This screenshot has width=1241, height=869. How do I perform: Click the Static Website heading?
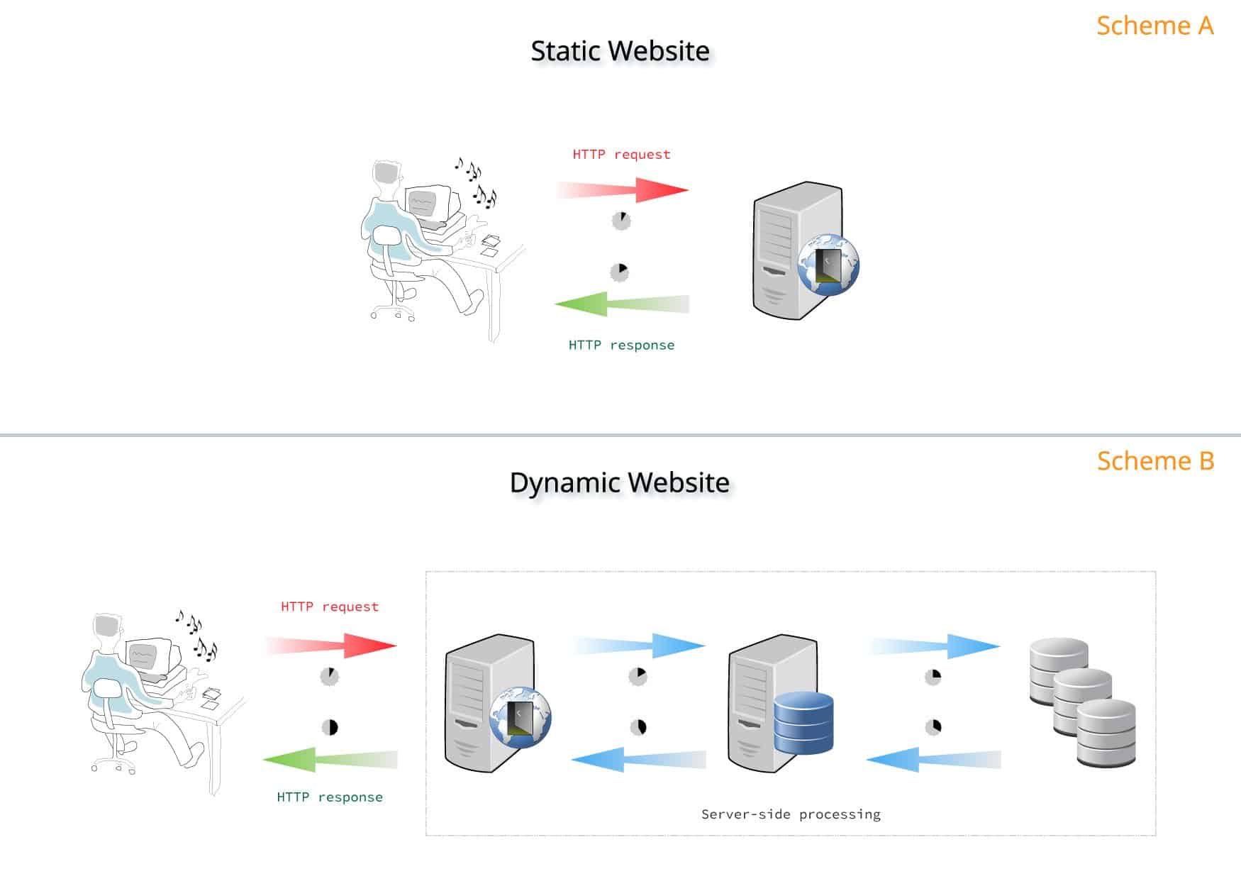click(620, 51)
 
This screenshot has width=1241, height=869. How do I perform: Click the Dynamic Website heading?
click(620, 482)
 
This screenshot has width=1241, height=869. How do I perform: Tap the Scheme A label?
click(1154, 26)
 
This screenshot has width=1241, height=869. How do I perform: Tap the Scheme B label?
click(1155, 461)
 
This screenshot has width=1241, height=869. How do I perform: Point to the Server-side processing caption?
click(791, 814)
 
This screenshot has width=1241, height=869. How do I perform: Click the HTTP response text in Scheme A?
click(621, 345)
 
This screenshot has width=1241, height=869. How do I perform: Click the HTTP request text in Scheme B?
click(330, 607)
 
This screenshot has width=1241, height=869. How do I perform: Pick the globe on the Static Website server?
click(828, 265)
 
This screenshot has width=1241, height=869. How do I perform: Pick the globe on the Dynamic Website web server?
click(521, 716)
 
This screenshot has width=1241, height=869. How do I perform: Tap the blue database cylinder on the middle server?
click(803, 724)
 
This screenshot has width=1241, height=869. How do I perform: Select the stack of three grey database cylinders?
click(1082, 702)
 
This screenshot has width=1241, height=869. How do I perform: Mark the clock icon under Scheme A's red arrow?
click(621, 221)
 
